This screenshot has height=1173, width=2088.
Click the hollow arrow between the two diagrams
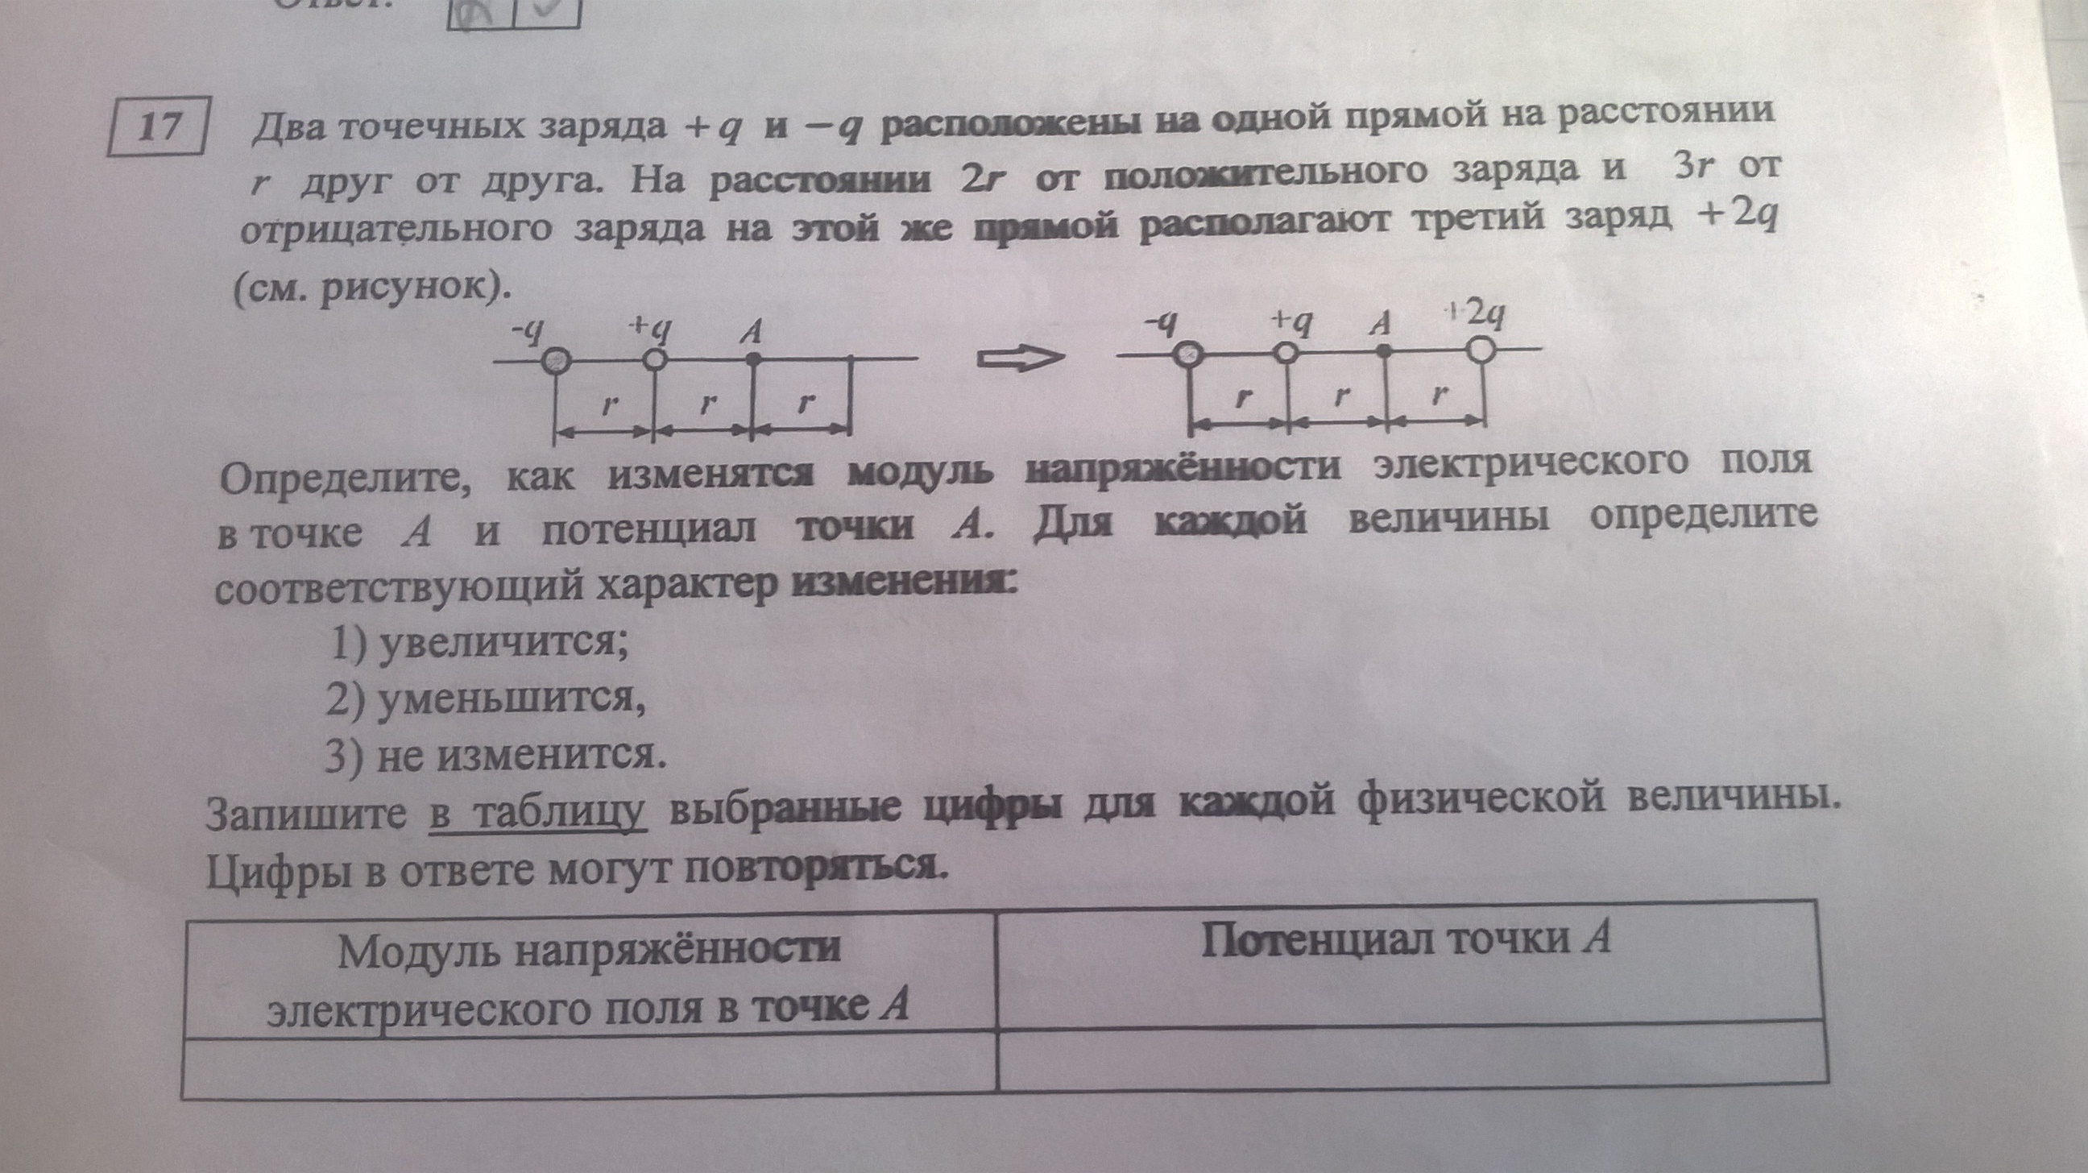(x=1018, y=359)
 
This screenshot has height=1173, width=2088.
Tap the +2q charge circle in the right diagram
(x=1480, y=351)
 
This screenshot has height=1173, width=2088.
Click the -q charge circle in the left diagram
(x=556, y=361)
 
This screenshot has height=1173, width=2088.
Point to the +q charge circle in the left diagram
(x=655, y=359)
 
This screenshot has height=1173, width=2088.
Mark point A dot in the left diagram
(x=753, y=357)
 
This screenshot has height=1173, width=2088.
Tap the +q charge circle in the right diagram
(x=1286, y=353)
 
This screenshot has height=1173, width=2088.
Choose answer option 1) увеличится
(x=478, y=645)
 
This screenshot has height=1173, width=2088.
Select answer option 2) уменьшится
(x=486, y=701)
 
